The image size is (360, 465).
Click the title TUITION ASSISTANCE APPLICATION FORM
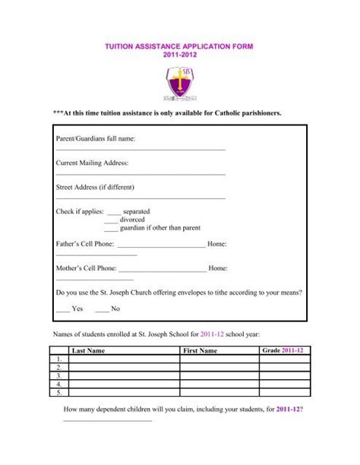click(x=180, y=46)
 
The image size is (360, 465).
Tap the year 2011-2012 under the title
click(x=180, y=56)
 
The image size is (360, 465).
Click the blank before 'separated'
click(x=114, y=211)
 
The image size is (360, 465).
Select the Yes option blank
click(x=62, y=309)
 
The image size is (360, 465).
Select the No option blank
click(x=102, y=309)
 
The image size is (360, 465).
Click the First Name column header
click(x=200, y=351)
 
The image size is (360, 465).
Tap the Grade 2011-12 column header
click(x=283, y=350)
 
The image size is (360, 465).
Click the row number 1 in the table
click(x=58, y=359)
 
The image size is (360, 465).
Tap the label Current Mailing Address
click(x=93, y=163)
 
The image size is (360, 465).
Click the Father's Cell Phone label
click(x=86, y=244)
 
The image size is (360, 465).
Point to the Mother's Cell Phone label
click(x=87, y=268)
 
